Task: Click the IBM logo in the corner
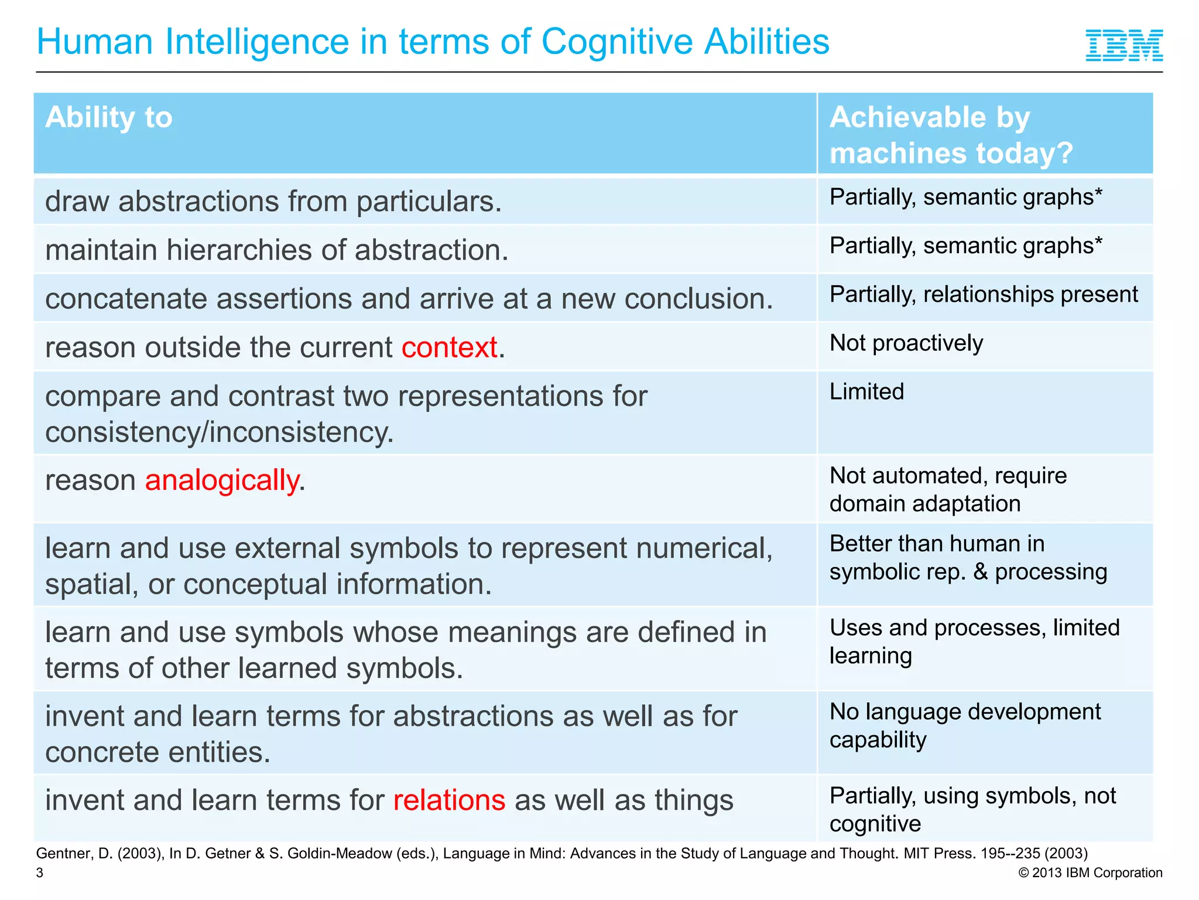click(1124, 45)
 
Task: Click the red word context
click(449, 347)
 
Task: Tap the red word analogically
click(222, 480)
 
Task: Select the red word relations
click(449, 800)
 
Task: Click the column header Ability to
click(109, 117)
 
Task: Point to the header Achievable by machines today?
click(951, 135)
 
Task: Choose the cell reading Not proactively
click(906, 343)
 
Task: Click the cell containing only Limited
click(867, 392)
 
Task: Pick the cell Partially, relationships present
click(984, 295)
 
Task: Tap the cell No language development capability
click(965, 726)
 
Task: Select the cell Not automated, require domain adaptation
click(948, 490)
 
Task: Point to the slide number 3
click(40, 873)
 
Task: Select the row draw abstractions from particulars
click(273, 202)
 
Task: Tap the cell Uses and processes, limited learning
click(974, 642)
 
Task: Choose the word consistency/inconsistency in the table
click(220, 433)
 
